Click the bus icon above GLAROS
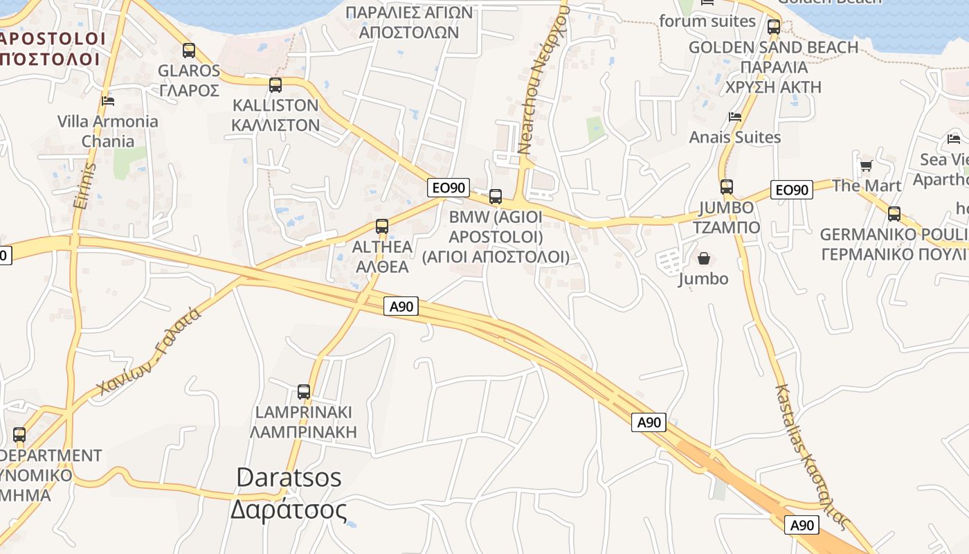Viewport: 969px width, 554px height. coord(188,51)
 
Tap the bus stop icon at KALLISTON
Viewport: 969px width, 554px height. coord(275,85)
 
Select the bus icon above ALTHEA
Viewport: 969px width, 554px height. coord(382,226)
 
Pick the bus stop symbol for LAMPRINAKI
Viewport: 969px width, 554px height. coord(303,392)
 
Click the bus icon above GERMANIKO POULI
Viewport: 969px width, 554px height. coord(894,214)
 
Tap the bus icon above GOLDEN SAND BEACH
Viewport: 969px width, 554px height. coord(774,28)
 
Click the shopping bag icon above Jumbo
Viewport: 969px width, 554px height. coord(704,259)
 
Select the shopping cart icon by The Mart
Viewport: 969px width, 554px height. coord(866,166)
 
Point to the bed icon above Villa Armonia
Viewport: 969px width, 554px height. coord(108,101)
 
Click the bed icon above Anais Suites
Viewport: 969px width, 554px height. coord(735,117)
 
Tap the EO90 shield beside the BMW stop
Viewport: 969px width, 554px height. coord(449,187)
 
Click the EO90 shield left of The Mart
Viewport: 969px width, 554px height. coord(792,190)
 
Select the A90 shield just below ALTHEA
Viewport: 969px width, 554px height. coord(401,306)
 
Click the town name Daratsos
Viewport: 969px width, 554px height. coord(289,477)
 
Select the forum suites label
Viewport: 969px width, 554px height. coord(707,21)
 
